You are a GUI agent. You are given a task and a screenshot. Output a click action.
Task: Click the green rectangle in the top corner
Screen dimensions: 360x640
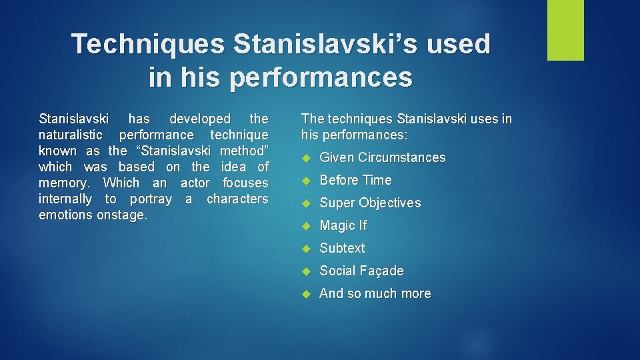tap(565, 30)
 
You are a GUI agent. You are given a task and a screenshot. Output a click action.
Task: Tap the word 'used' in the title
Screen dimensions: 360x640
tap(461, 44)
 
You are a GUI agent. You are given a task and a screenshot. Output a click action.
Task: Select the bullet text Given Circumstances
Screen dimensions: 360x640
tap(382, 158)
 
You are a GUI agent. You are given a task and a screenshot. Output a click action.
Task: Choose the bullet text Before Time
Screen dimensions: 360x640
tap(355, 181)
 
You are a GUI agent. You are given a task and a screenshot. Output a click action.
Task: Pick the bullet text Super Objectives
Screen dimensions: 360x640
tap(370, 203)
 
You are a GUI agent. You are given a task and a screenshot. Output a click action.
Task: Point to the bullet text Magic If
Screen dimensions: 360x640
tap(343, 226)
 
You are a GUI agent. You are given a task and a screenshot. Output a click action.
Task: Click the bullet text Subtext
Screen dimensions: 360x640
tap(342, 248)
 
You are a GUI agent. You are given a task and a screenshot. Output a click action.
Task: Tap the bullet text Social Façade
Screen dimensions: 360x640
tap(361, 271)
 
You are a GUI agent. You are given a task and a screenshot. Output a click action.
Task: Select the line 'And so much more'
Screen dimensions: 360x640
tap(375, 293)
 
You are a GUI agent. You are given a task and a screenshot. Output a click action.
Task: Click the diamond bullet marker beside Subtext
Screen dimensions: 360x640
tap(307, 249)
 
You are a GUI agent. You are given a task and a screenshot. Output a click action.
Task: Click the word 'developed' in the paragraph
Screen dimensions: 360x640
tap(199, 119)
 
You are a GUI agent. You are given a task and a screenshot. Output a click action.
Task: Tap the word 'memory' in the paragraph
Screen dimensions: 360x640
tap(65, 183)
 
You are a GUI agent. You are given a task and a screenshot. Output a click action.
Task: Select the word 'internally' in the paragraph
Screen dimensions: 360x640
tap(65, 199)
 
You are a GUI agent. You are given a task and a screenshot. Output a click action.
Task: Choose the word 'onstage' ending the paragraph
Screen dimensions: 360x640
tap(123, 215)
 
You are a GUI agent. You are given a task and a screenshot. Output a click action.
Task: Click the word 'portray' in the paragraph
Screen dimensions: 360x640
tap(151, 199)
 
